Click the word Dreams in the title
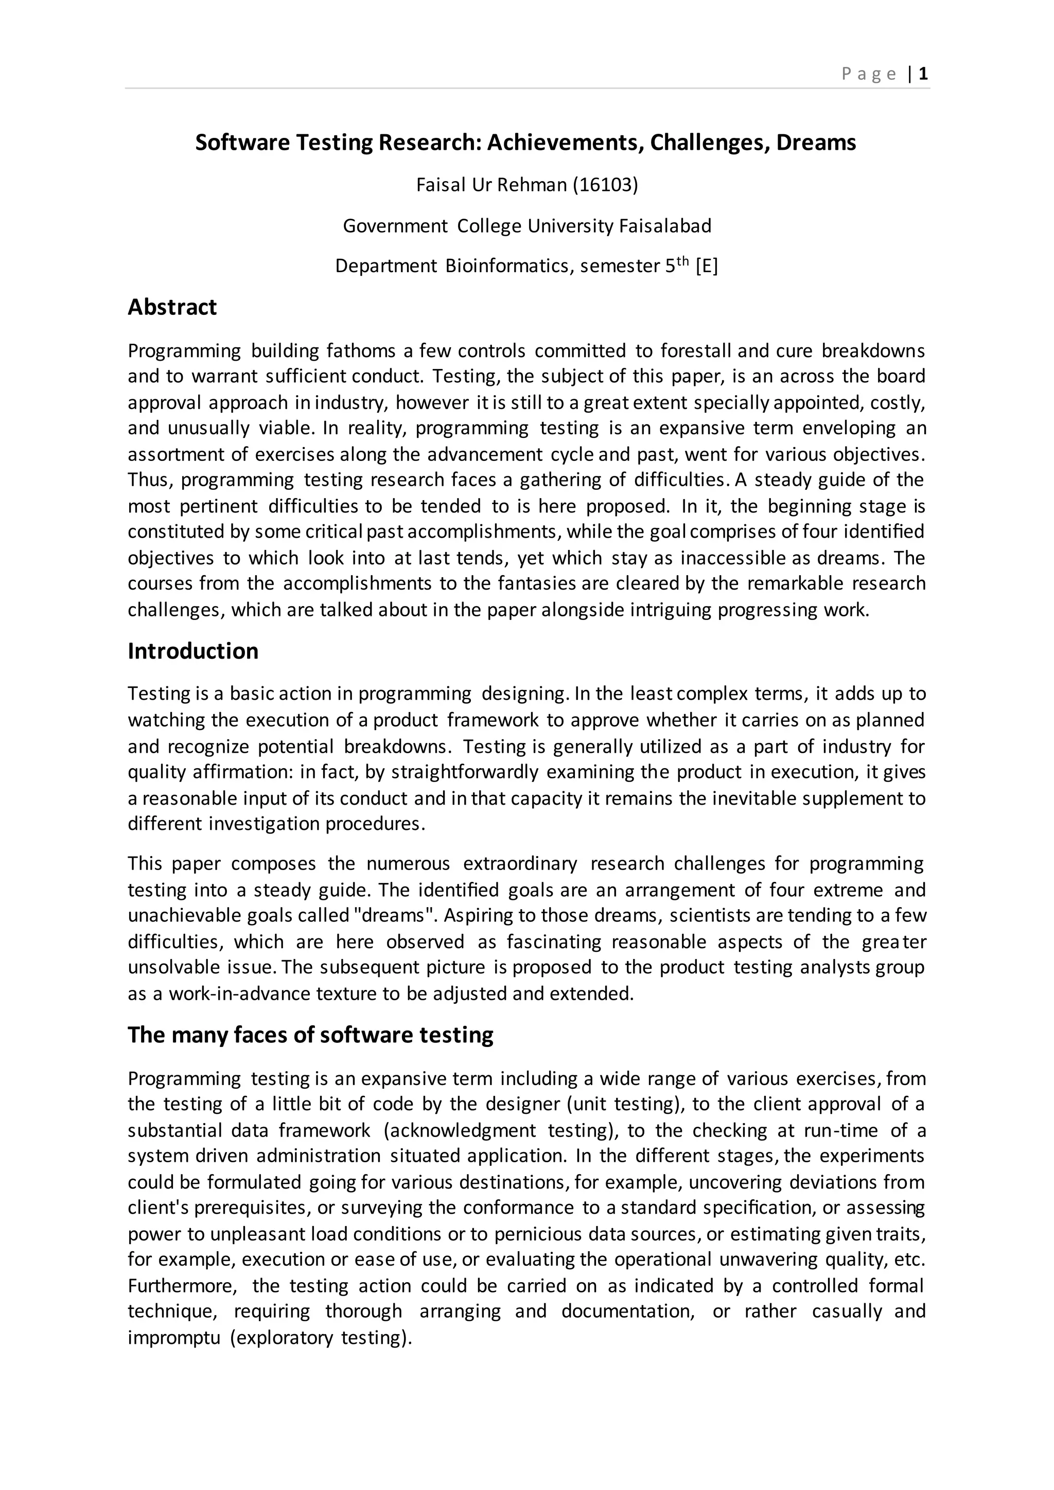point(816,142)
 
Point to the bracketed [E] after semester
point(706,266)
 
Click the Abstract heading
point(172,307)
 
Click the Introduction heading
point(193,651)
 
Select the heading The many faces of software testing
point(310,1035)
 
